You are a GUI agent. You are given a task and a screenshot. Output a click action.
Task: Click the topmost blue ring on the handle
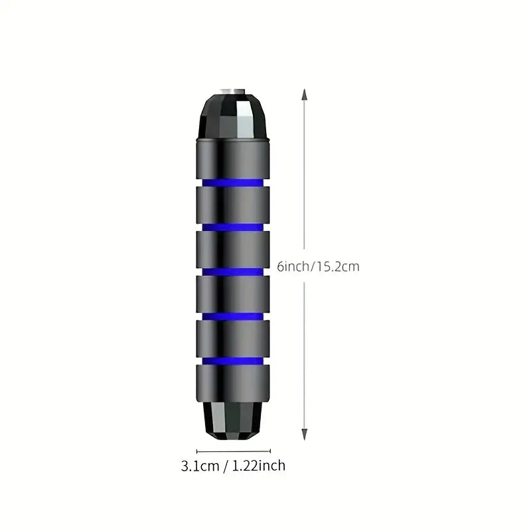233,181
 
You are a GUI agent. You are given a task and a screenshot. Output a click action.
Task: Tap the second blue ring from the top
233,226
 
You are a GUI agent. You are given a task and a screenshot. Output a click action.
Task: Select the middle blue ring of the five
233,271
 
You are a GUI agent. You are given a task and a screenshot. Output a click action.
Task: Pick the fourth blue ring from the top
233,315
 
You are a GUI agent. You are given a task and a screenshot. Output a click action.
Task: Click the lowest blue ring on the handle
233,360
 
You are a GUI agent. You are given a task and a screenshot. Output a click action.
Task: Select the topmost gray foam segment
233,157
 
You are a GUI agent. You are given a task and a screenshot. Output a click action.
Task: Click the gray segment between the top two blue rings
233,204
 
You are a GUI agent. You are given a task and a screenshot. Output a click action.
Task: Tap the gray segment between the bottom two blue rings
233,338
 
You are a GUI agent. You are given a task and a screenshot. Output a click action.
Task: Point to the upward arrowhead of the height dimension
305,94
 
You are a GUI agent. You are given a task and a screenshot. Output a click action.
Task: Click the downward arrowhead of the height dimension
305,435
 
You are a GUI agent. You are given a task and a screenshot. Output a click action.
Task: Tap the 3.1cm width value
200,466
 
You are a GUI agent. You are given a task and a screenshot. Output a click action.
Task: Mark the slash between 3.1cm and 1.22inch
226,466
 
